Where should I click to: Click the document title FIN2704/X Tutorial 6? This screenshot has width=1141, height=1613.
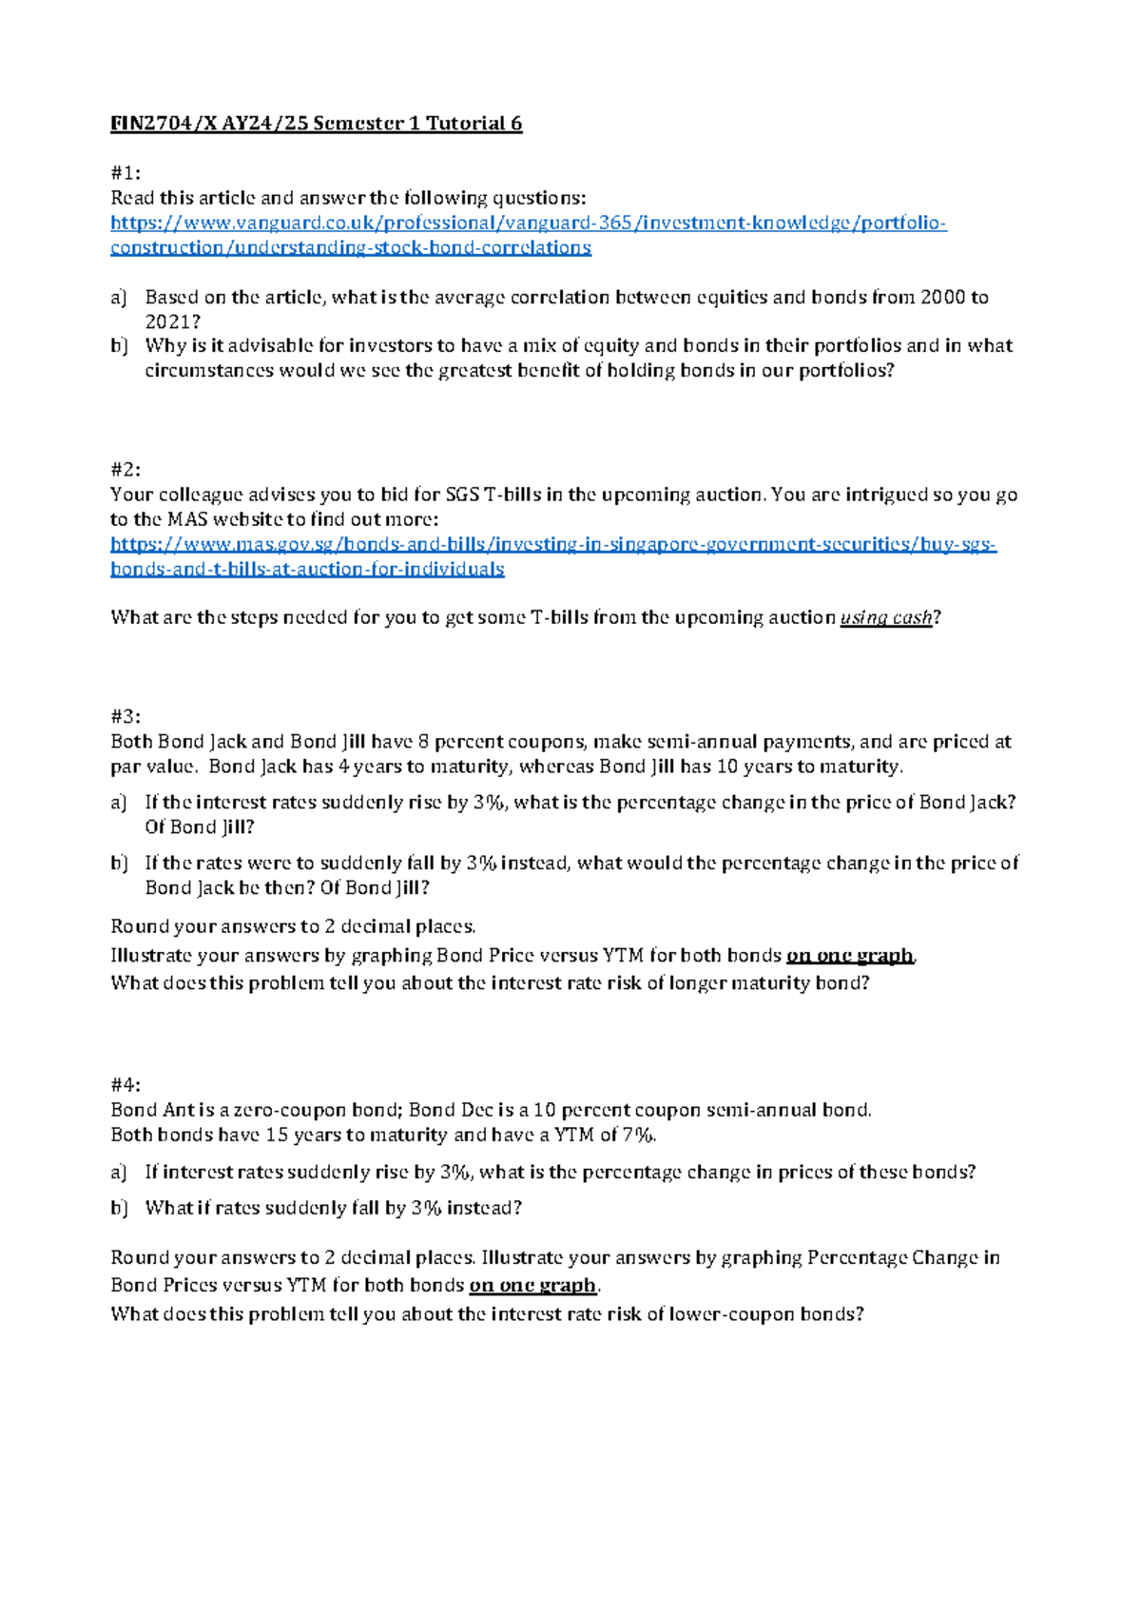(x=316, y=124)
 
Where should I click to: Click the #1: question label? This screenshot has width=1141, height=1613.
(x=126, y=173)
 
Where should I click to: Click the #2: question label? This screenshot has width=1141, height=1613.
(x=126, y=470)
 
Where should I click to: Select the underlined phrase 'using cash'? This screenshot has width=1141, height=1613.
(x=885, y=618)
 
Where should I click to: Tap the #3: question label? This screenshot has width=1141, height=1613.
(x=126, y=717)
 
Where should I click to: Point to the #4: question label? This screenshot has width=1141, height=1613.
(x=126, y=1085)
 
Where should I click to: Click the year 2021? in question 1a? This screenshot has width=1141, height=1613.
(x=172, y=322)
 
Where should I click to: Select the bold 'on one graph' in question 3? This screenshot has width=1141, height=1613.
(x=849, y=956)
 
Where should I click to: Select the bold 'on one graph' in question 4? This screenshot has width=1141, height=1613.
(x=532, y=1286)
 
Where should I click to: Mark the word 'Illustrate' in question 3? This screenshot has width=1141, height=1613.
(x=151, y=956)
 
